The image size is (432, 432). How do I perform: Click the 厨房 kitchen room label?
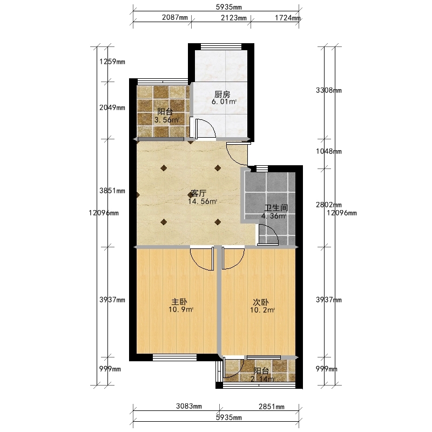pyautogui.click(x=222, y=94)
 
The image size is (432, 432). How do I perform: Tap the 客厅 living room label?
pyautogui.click(x=199, y=193)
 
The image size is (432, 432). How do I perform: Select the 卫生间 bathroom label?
pyautogui.click(x=276, y=208)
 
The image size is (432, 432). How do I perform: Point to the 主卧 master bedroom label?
pyautogui.click(x=179, y=302)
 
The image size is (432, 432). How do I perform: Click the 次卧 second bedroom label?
pyautogui.click(x=261, y=302)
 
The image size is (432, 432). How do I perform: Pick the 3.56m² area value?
pyautogui.click(x=166, y=120)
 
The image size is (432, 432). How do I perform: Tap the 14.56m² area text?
pyautogui.click(x=202, y=201)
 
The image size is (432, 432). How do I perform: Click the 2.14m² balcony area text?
pyautogui.click(x=262, y=379)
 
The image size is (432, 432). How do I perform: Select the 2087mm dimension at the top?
pyautogui.click(x=174, y=18)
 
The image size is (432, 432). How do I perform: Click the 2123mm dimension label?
pyautogui.click(x=234, y=18)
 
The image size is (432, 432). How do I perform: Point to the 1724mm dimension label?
pyautogui.click(x=288, y=18)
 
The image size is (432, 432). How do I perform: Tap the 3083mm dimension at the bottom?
pyautogui.click(x=188, y=406)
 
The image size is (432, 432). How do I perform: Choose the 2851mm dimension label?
pyautogui.click(x=272, y=407)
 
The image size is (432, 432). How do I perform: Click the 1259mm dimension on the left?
pyautogui.click(x=112, y=62)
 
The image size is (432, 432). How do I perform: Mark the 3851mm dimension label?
pyautogui.click(x=112, y=191)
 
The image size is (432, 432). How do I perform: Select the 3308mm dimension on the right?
pyautogui.click(x=329, y=90)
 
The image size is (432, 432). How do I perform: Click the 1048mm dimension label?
pyautogui.click(x=329, y=151)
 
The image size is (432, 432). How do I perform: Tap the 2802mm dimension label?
pyautogui.click(x=329, y=205)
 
